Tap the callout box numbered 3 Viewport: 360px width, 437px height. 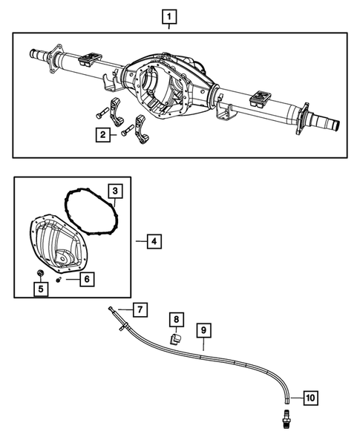coord(115,192)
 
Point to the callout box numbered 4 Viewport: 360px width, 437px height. coord(152,241)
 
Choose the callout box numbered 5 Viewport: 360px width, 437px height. coord(43,288)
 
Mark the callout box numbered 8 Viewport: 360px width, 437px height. coord(177,320)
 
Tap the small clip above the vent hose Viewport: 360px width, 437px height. coord(176,338)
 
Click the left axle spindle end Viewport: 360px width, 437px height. coord(36,53)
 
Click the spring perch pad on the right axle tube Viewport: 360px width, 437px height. coord(261,96)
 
